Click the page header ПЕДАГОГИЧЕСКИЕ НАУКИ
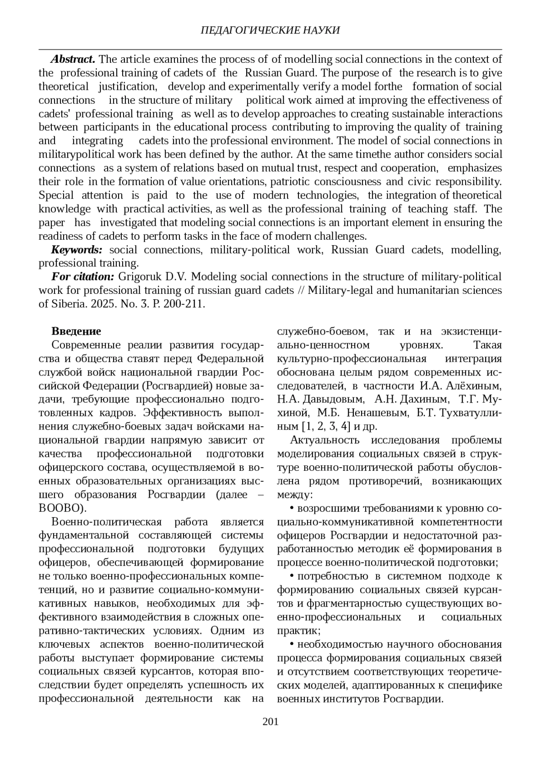(x=270, y=30)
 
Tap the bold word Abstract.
(x=73, y=59)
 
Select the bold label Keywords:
(x=77, y=250)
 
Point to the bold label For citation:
(x=83, y=276)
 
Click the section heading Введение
(x=76, y=331)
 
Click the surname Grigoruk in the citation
(x=138, y=276)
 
